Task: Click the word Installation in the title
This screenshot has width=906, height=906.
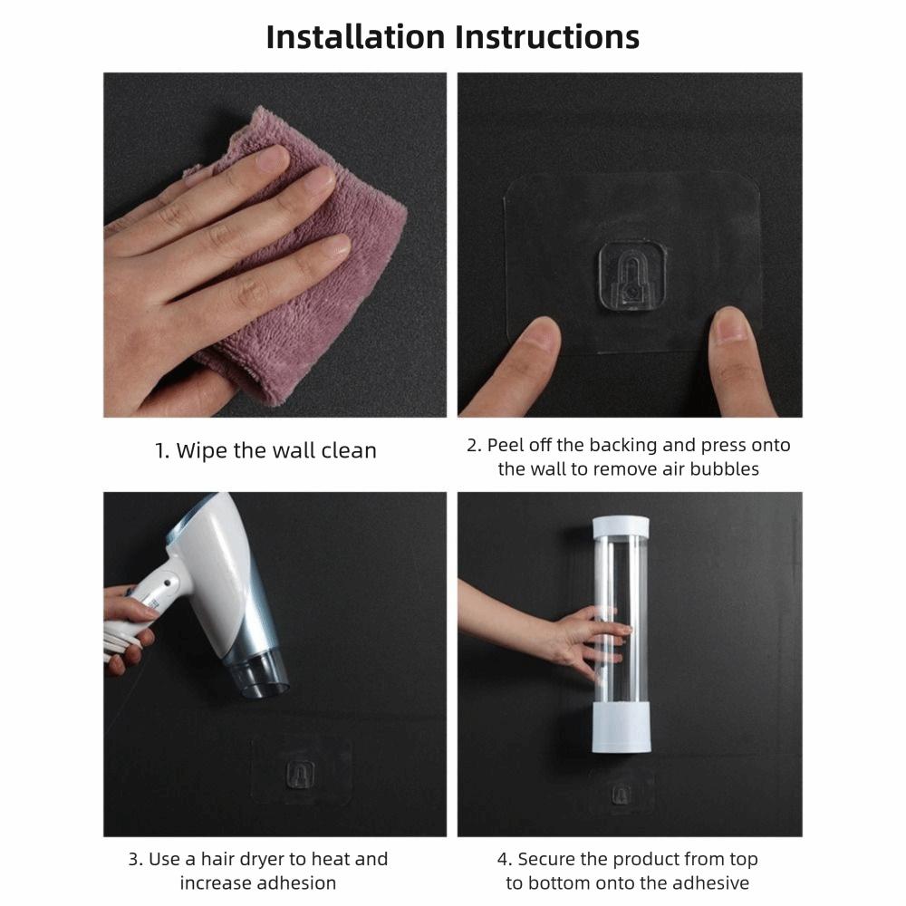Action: click(x=355, y=37)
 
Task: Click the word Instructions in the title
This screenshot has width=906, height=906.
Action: click(x=547, y=37)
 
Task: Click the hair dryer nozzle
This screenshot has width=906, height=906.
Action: click(x=258, y=674)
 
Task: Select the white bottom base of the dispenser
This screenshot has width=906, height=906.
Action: click(x=622, y=728)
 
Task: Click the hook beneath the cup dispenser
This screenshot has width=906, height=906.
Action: click(x=622, y=795)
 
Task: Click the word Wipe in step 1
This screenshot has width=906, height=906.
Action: click(x=202, y=450)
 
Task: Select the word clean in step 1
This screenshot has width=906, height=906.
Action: click(x=349, y=450)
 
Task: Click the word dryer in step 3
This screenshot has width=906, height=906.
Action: click(x=253, y=859)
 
